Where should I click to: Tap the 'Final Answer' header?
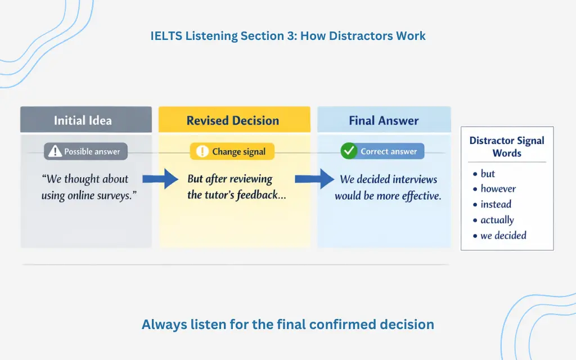tap(384, 120)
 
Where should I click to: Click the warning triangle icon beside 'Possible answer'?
tap(55, 151)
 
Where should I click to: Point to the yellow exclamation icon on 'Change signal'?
tap(202, 151)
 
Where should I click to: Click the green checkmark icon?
tap(349, 151)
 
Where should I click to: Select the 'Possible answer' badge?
tap(86, 151)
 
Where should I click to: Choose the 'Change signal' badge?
tap(232, 151)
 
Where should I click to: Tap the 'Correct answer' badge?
tap(382, 151)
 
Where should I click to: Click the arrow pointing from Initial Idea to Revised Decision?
tap(161, 179)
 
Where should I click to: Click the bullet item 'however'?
tap(498, 189)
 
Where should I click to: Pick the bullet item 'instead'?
tap(496, 204)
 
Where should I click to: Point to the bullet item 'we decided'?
tap(503, 236)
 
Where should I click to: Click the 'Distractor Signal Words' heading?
tap(507, 146)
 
